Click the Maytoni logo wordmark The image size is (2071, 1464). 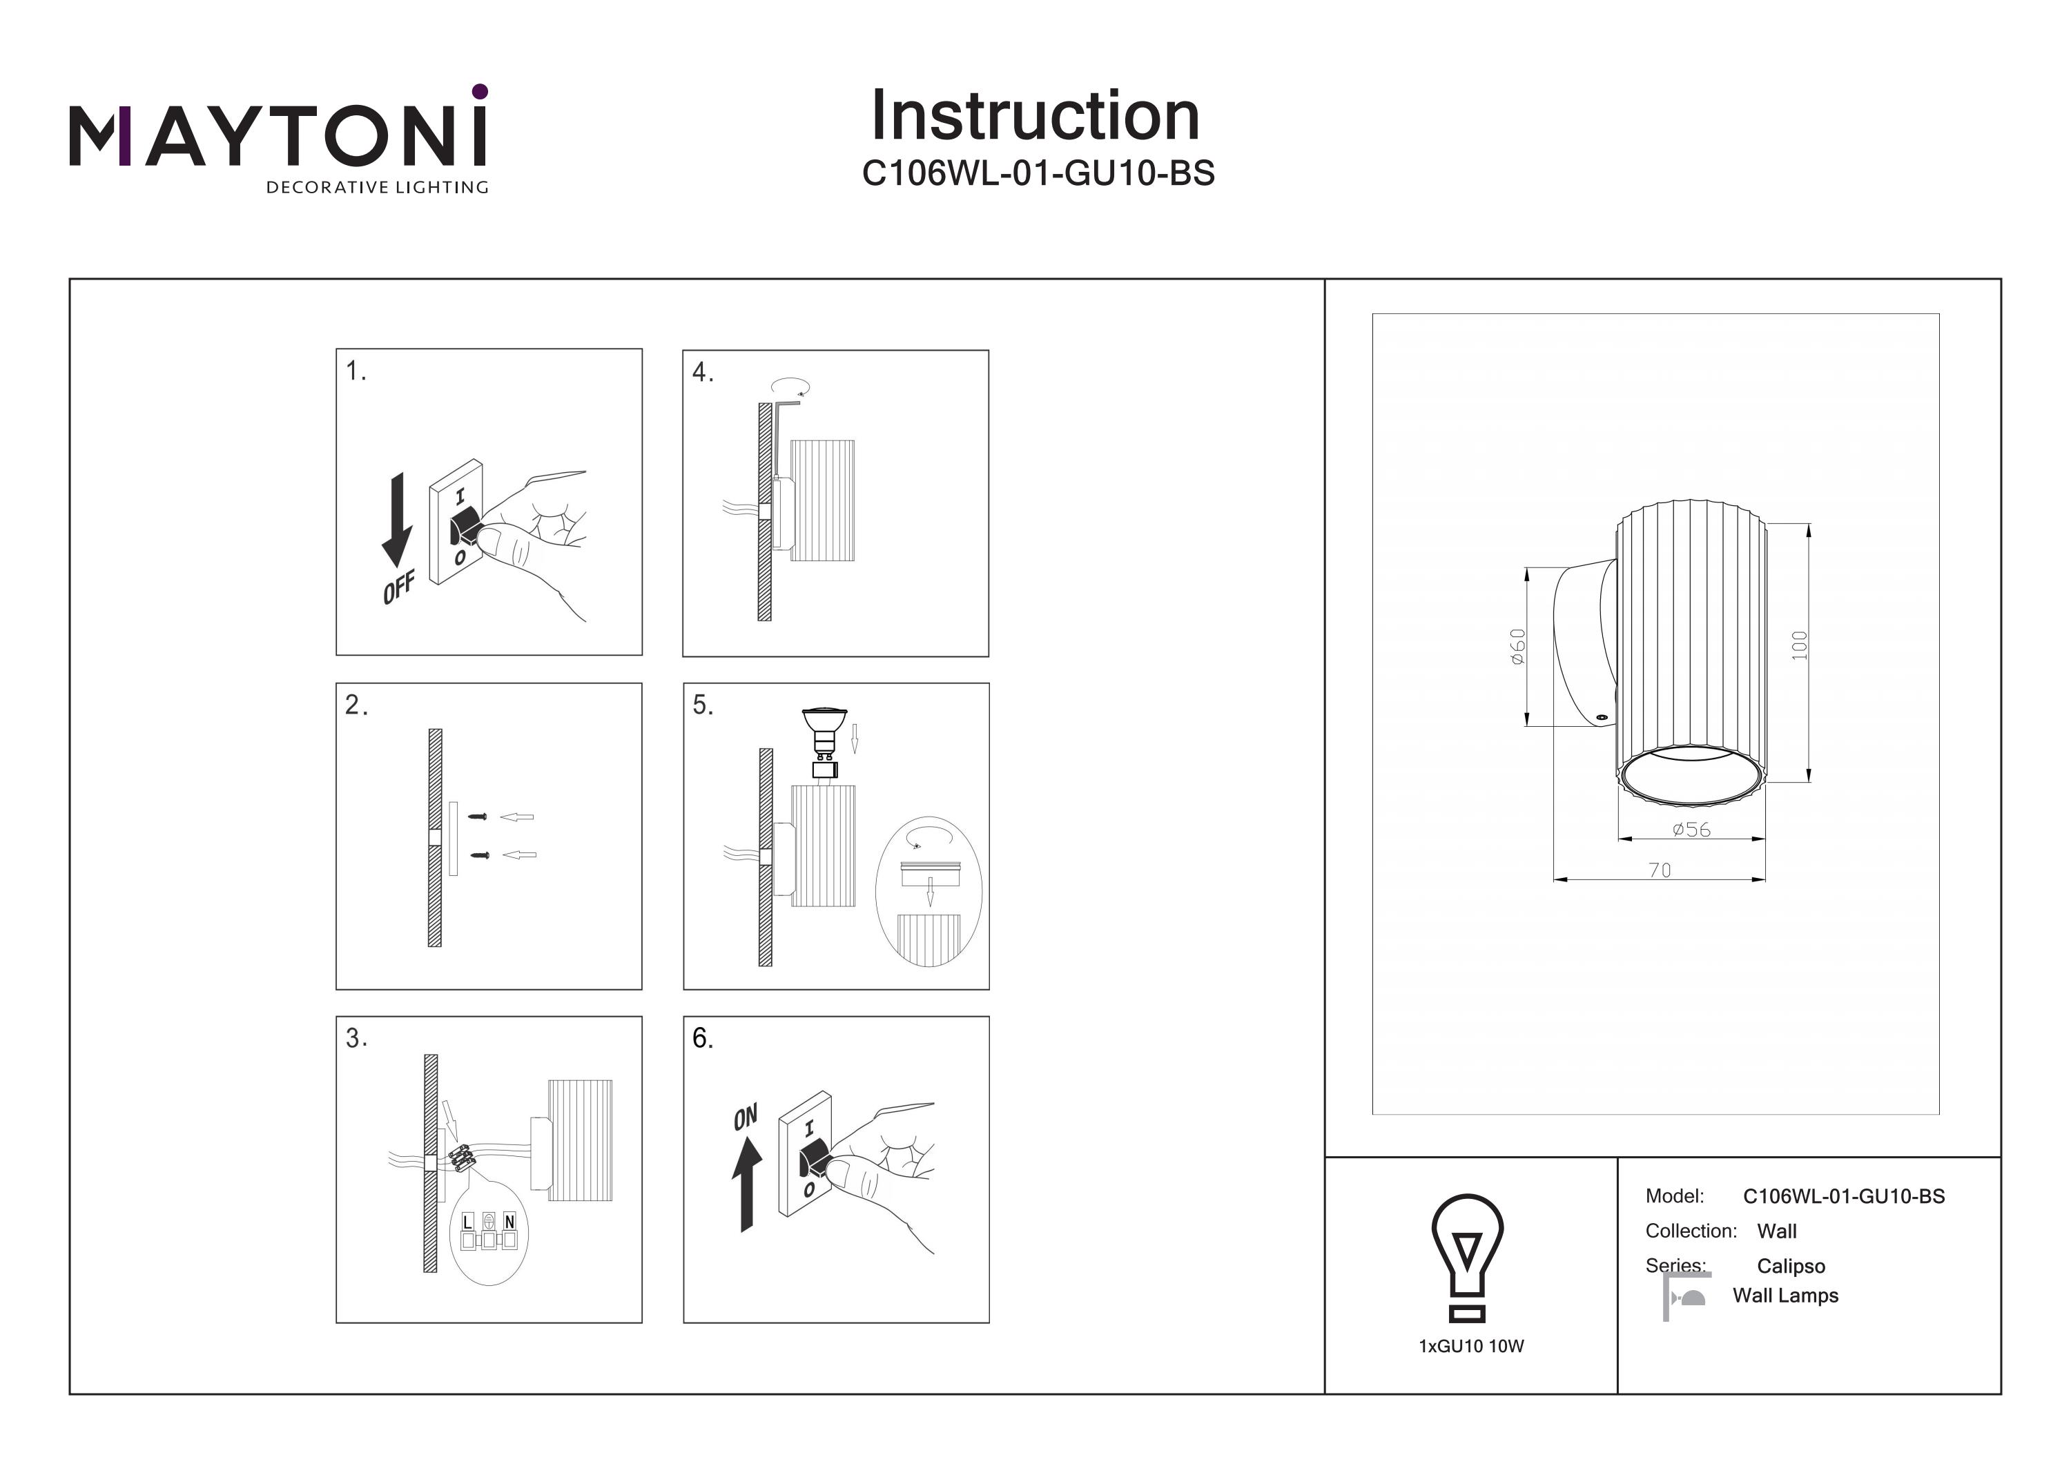pos(278,135)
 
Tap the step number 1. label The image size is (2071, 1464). pos(356,371)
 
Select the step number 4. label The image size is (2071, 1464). pos(703,373)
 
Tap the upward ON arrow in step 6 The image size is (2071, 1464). pos(746,1182)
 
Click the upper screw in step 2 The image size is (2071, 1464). pos(478,817)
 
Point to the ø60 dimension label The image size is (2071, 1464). pos(1517,647)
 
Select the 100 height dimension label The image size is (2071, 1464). pos(1800,646)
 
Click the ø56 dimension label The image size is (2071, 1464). pos(1691,829)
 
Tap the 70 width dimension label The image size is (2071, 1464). pos(1660,870)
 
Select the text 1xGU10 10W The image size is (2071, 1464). pos(1471,1347)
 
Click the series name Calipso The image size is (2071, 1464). pos(1791,1267)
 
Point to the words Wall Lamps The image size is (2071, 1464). pos(1785,1296)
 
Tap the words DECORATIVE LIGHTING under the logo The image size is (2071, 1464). pos(377,188)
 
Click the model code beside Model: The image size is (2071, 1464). pos(1844,1197)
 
